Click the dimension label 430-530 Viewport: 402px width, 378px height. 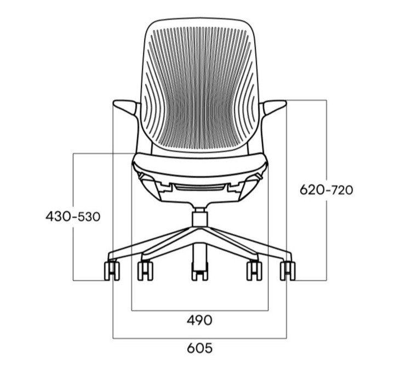73,216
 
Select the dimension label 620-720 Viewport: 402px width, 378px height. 326,190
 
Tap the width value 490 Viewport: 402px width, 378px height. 199,320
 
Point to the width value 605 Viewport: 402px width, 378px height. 200,348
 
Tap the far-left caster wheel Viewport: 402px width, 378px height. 112,271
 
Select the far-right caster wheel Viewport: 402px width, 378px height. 288,271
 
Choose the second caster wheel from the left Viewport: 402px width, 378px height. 145,271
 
